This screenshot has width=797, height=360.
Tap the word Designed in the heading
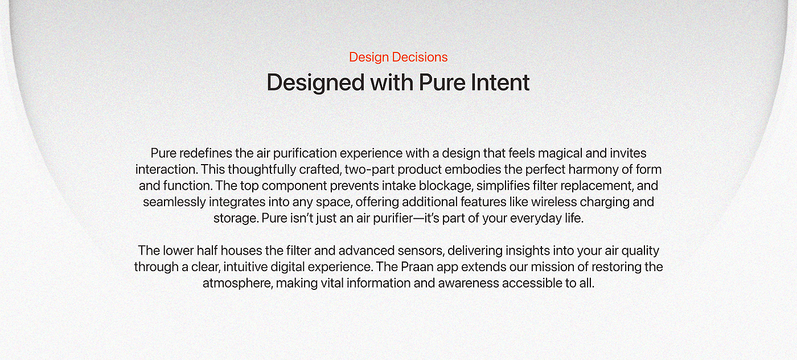315,83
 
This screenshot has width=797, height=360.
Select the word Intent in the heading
500,82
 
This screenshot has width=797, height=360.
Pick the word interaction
166,170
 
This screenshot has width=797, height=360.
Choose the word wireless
554,202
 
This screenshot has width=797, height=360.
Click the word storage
236,219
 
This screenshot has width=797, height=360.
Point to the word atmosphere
238,284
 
